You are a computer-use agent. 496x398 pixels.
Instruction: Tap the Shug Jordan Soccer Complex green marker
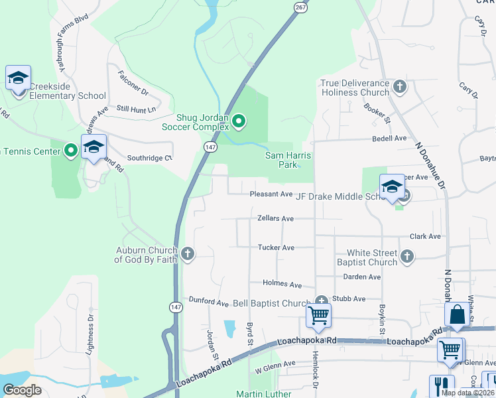pyautogui.click(x=239, y=121)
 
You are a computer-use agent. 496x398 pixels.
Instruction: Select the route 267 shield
pyautogui.click(x=300, y=6)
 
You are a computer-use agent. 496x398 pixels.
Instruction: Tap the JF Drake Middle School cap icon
pyautogui.click(x=391, y=186)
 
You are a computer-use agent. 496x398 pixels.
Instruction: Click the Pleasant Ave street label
pyautogui.click(x=271, y=194)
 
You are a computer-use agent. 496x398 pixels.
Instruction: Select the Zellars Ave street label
pyautogui.click(x=276, y=218)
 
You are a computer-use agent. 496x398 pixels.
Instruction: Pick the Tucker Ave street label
pyautogui.click(x=276, y=247)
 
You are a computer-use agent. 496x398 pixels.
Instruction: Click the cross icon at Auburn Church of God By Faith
pyautogui.click(x=188, y=253)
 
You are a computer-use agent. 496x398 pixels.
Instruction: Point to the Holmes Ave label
pyautogui.click(x=282, y=284)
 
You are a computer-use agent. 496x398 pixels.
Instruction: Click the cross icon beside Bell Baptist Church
pyautogui.click(x=322, y=301)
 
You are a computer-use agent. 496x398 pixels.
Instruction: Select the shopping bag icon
pyautogui.click(x=458, y=316)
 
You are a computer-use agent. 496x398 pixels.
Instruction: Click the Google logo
pyautogui.click(x=23, y=389)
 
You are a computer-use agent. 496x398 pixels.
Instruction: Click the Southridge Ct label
pyautogui.click(x=149, y=158)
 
